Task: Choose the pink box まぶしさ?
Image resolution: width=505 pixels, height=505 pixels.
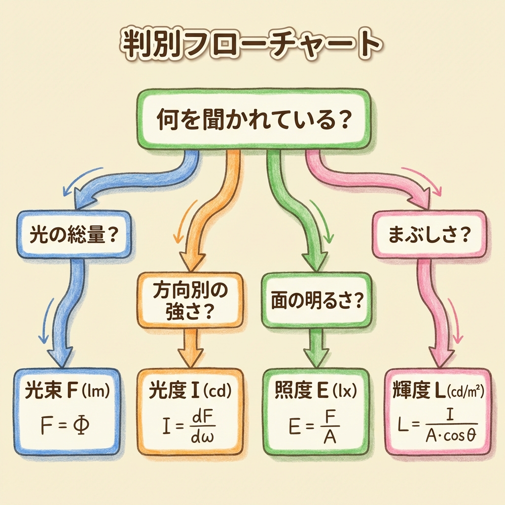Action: point(429,234)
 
